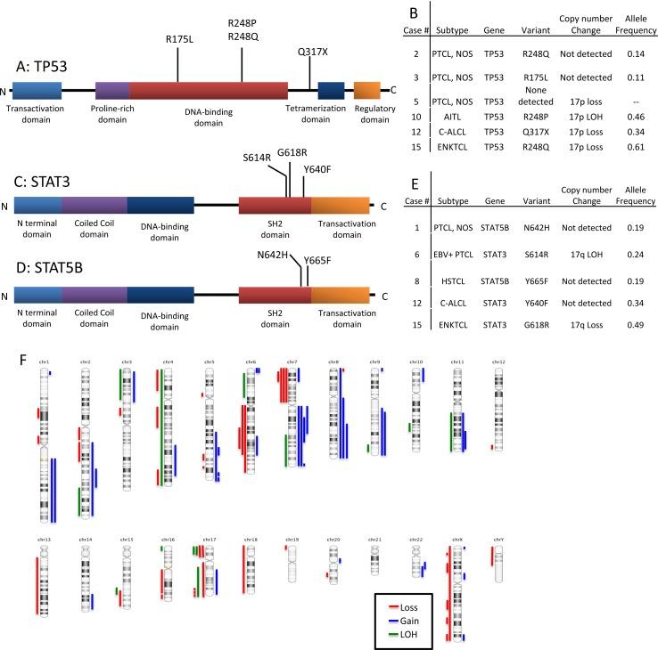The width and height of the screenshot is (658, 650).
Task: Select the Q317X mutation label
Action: [x=312, y=52]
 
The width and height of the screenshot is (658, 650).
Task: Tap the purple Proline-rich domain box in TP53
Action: [x=112, y=90]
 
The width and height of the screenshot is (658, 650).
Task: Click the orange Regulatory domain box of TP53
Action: [x=367, y=90]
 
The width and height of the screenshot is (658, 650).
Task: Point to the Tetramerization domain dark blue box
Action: [x=331, y=90]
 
